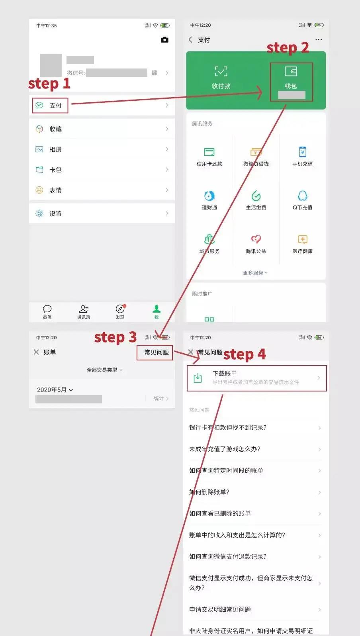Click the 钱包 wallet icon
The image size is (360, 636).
click(x=291, y=72)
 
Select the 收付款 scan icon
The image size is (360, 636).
click(x=221, y=72)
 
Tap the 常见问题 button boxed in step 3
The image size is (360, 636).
click(x=156, y=352)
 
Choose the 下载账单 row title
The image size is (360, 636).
click(x=225, y=374)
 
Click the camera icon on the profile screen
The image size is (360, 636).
click(x=164, y=40)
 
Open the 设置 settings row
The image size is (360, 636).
click(x=56, y=214)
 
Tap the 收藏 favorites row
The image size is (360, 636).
click(x=56, y=129)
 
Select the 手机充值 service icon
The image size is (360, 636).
click(x=303, y=152)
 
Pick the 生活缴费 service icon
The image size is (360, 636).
click(x=256, y=196)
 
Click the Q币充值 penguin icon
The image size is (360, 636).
click(x=303, y=196)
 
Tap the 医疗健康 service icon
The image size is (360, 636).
click(x=303, y=240)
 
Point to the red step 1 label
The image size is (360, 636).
click(x=49, y=84)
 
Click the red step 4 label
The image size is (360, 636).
click(x=244, y=354)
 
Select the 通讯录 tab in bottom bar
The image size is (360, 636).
click(x=84, y=311)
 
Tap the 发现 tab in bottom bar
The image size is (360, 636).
click(x=120, y=311)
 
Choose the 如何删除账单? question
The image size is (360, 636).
click(x=209, y=492)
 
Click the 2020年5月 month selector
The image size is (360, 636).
click(x=55, y=390)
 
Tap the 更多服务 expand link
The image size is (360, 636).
click(x=255, y=273)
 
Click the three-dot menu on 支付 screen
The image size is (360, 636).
click(x=319, y=40)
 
